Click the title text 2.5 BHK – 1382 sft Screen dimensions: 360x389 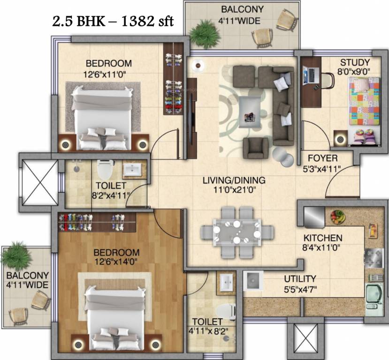pyautogui.click(x=113, y=21)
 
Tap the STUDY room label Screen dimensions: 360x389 pyautogui.click(x=355, y=62)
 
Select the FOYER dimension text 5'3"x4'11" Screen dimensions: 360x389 pyautogui.click(x=323, y=169)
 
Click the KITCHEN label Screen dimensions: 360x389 pyautogui.click(x=322, y=238)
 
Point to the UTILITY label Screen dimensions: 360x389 pyautogui.click(x=300, y=278)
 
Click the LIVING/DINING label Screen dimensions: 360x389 pyautogui.click(x=234, y=180)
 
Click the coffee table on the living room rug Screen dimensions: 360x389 pyautogui.click(x=250, y=111)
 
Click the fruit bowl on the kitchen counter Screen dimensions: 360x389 pyautogui.click(x=337, y=217)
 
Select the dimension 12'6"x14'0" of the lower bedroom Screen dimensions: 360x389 pyautogui.click(x=116, y=262)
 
